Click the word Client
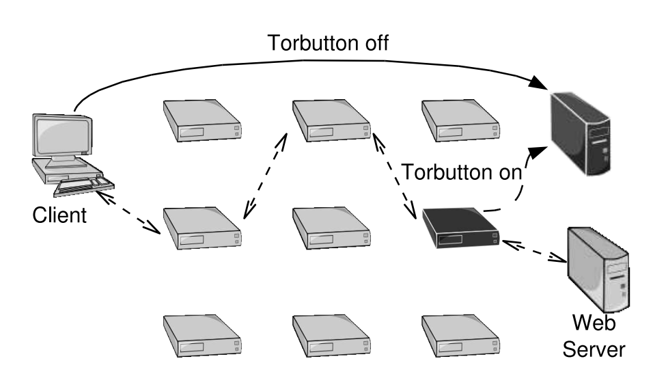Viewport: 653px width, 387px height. point(60,216)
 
